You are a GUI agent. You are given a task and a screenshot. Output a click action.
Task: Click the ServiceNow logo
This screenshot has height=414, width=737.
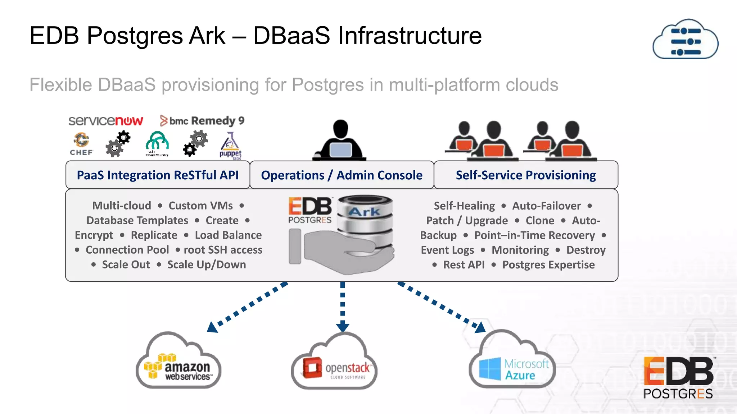tap(105, 121)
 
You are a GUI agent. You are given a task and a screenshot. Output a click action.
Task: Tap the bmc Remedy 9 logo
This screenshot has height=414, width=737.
tap(202, 121)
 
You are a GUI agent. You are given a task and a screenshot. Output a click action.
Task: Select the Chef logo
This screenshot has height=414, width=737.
tap(81, 144)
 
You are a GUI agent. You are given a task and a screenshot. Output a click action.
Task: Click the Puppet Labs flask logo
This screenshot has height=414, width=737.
tap(230, 146)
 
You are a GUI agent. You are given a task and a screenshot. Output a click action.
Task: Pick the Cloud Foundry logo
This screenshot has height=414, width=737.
tap(157, 144)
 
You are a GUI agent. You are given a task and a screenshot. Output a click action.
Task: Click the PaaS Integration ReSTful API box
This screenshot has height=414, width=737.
tap(158, 175)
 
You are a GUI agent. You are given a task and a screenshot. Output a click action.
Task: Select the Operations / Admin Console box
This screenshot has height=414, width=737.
tap(342, 175)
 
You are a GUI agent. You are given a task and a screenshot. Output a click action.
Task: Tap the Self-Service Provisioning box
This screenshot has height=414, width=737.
tap(526, 175)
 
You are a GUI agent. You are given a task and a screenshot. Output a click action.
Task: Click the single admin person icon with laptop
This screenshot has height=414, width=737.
tap(340, 141)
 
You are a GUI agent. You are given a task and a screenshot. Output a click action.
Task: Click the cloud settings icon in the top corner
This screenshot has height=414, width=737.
tap(685, 40)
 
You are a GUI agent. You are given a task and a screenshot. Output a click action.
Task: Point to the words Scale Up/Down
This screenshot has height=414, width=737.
tap(207, 265)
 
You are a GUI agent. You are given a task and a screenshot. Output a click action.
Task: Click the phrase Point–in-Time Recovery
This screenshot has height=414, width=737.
tap(534, 235)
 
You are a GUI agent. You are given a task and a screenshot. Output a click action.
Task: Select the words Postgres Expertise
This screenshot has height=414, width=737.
tap(548, 265)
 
